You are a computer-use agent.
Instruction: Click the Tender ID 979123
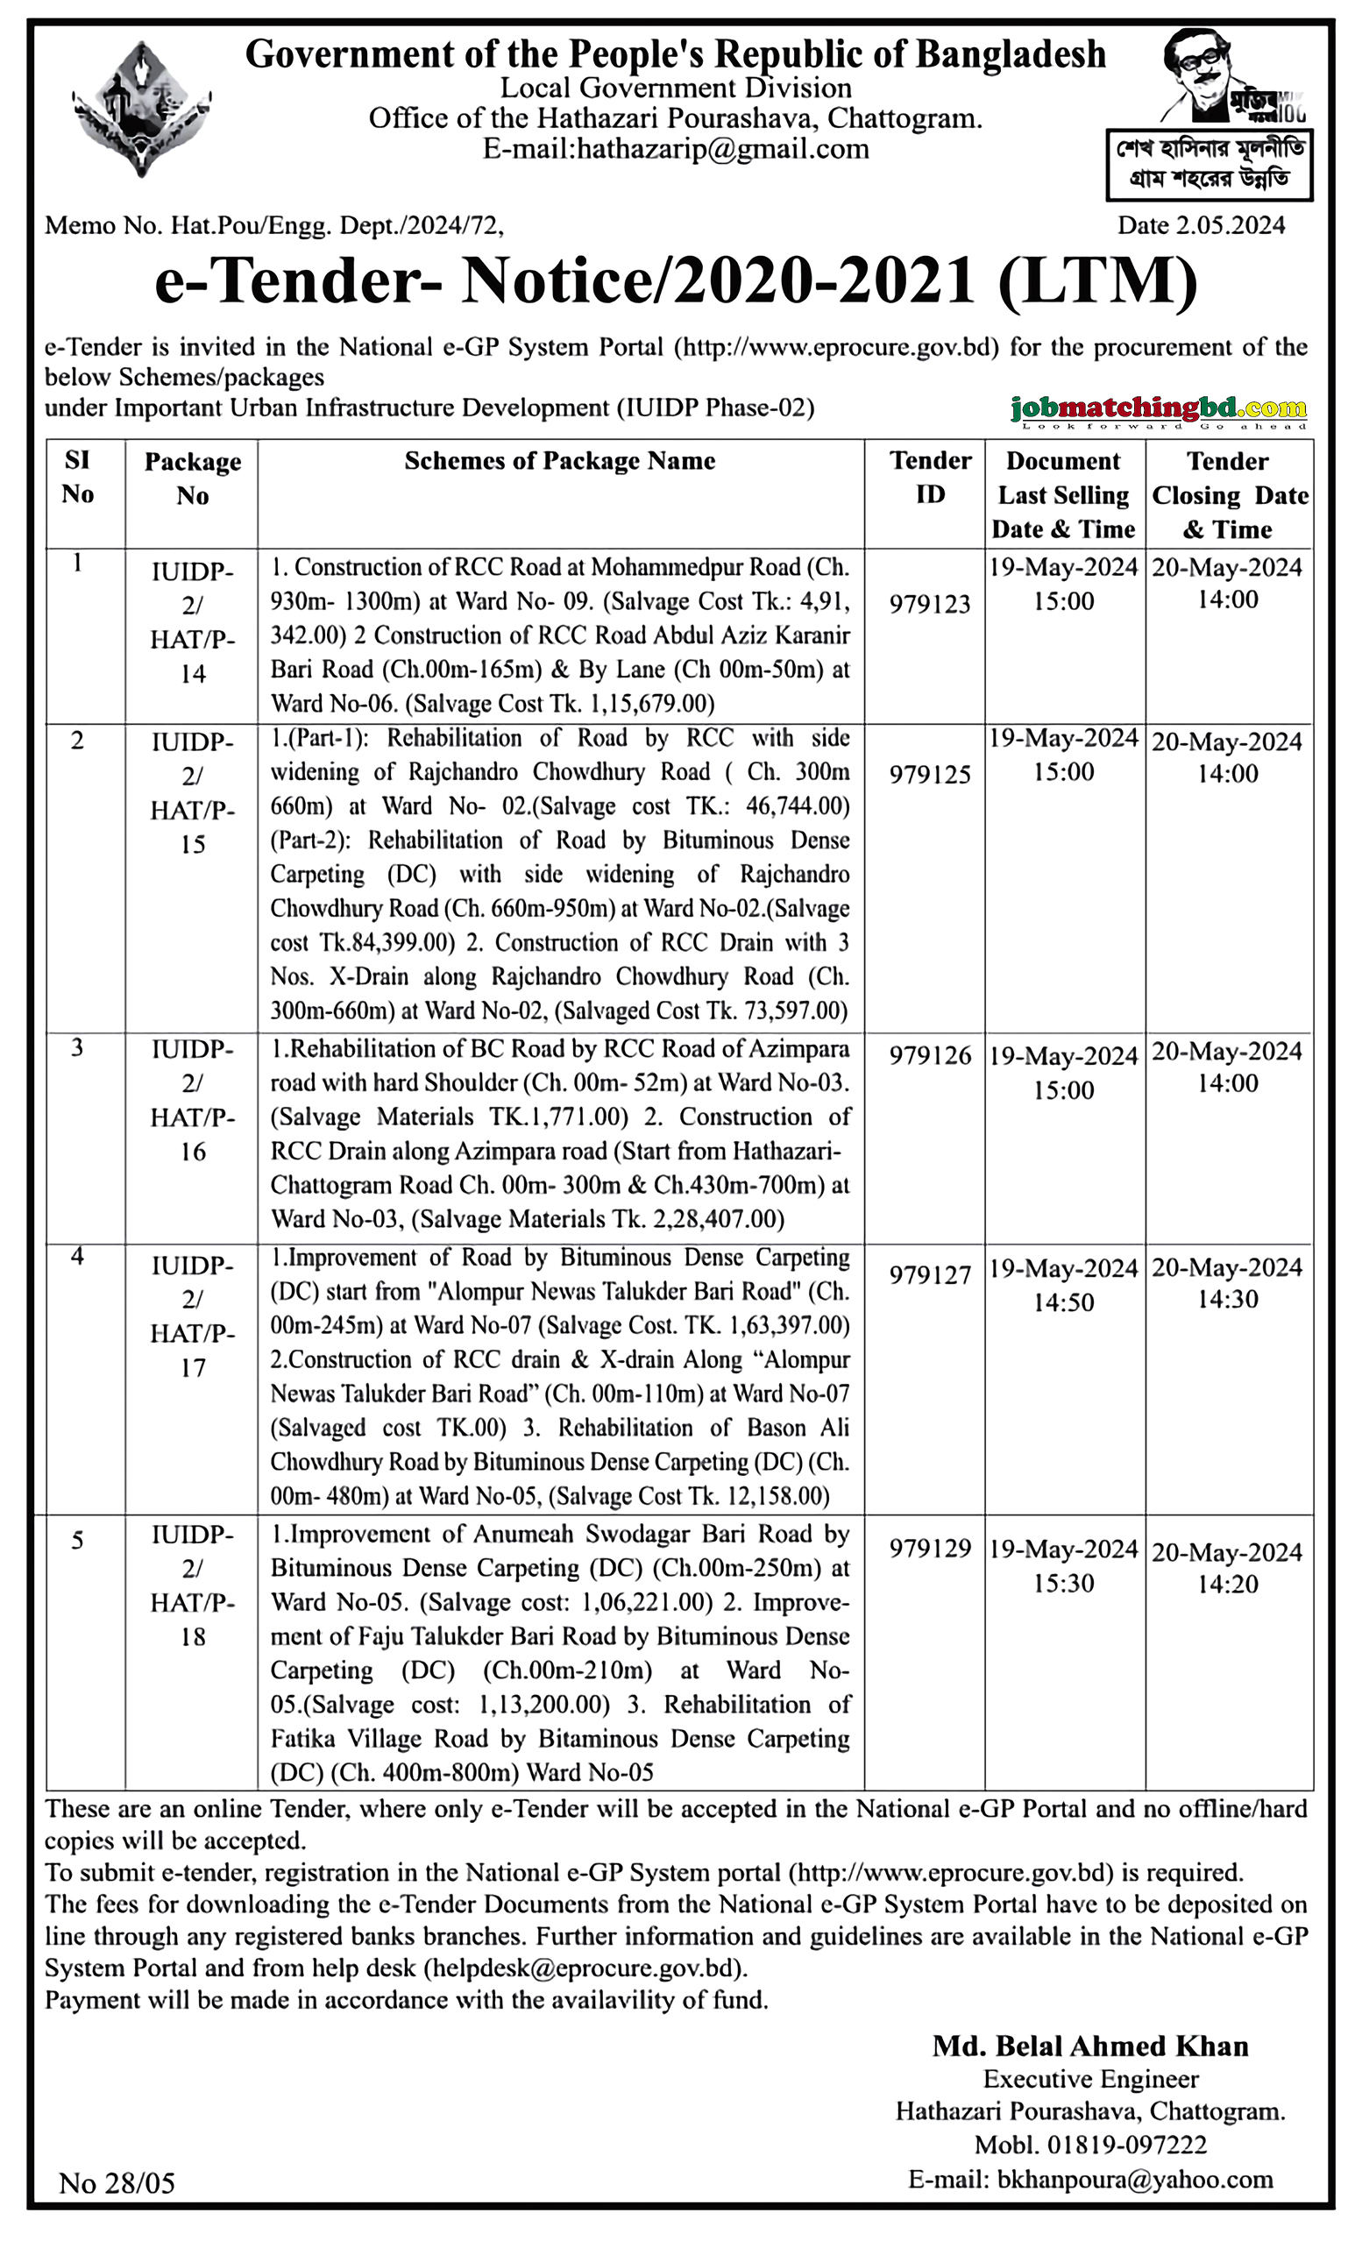(x=929, y=603)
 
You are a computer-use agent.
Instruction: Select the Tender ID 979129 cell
(x=929, y=1548)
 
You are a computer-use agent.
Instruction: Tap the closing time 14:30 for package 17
(x=1227, y=1299)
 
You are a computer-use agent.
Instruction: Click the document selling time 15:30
(x=1062, y=1583)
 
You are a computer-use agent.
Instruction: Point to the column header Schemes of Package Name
(x=559, y=461)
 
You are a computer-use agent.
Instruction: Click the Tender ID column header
(x=929, y=478)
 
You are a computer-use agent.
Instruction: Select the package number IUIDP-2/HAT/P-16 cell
(x=192, y=1100)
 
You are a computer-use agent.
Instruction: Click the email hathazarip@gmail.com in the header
(x=676, y=148)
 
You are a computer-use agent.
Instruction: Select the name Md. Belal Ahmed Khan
(x=1089, y=2046)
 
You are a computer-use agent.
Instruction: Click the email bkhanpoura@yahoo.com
(x=1134, y=2178)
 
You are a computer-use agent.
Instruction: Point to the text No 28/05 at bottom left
(x=117, y=2183)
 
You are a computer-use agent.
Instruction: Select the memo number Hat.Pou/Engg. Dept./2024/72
(x=334, y=224)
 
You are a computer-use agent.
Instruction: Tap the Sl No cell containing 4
(x=77, y=1257)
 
